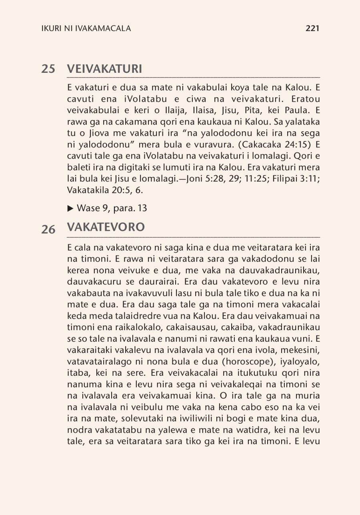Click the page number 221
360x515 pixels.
[x=312, y=28]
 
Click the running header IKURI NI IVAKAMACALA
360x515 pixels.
[x=86, y=28]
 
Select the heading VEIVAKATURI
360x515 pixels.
[x=104, y=69]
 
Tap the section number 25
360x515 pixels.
[x=48, y=69]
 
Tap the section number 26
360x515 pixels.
[x=48, y=230]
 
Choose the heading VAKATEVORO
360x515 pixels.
[x=106, y=227]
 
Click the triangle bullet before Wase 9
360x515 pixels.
[x=70, y=208]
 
